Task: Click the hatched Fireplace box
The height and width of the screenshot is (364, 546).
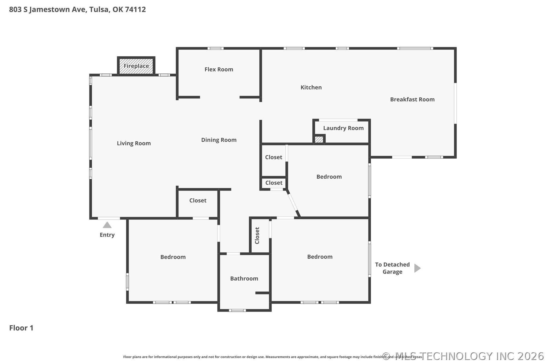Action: click(x=136, y=66)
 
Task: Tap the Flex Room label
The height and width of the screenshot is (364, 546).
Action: click(x=219, y=69)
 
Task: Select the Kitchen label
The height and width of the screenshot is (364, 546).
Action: click(x=311, y=87)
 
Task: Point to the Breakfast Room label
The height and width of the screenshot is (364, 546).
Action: click(x=412, y=100)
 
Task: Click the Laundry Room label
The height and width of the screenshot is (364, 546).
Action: click(x=343, y=128)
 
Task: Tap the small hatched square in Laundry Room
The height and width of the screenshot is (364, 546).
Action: click(x=319, y=139)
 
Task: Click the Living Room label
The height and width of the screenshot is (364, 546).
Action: click(x=134, y=143)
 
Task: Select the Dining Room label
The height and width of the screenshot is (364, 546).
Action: click(x=219, y=140)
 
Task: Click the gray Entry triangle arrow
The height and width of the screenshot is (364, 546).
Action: click(x=107, y=225)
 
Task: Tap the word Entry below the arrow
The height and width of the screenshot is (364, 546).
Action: click(x=107, y=235)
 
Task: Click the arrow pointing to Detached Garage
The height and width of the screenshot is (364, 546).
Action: click(x=417, y=268)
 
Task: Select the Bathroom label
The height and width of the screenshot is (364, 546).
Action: click(x=244, y=279)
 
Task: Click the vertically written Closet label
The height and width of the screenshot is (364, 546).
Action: click(x=257, y=236)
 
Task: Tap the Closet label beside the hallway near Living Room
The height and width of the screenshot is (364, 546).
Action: click(x=198, y=201)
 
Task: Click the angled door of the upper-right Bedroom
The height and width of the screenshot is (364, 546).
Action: click(x=293, y=203)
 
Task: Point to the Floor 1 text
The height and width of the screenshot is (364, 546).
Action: click(x=21, y=328)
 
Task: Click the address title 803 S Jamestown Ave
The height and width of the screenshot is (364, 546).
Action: click(x=77, y=9)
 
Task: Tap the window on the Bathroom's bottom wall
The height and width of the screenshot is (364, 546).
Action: click(x=237, y=310)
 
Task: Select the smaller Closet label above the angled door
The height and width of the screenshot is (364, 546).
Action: click(x=274, y=183)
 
